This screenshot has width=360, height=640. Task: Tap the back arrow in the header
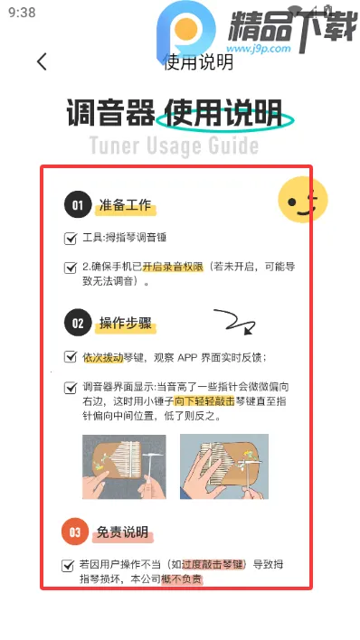pos(42,61)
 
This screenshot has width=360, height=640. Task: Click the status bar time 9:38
pos(21,13)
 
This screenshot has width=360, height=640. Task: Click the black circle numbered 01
pos(78,206)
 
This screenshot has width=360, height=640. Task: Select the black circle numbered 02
pos(78,323)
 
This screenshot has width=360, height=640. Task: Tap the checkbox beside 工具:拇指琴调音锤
pos(71,239)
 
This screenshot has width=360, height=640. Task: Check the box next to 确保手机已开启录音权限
pos(71,268)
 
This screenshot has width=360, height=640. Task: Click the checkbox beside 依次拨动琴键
pos(71,357)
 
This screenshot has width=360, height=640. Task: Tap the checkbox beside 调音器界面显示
pos(71,387)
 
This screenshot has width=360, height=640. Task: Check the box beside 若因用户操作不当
pos(68,565)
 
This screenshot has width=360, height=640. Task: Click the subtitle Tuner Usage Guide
pos(174,146)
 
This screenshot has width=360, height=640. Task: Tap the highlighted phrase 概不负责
pos(182,579)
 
